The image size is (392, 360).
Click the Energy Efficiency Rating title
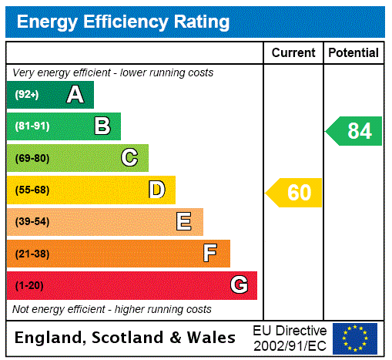[x=123, y=22]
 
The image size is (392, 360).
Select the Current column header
[x=293, y=53]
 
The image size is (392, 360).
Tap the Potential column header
[x=353, y=53]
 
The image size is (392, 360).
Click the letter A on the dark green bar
[x=75, y=95]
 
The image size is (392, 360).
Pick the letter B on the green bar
[x=102, y=126]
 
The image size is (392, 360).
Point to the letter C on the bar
[x=129, y=158]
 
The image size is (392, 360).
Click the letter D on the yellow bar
[x=157, y=190]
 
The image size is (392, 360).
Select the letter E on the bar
[x=184, y=222]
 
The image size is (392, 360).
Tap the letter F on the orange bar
[x=210, y=254]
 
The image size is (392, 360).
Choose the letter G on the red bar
[x=239, y=285]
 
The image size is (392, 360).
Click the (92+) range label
[x=27, y=95]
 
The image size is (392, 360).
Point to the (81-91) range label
[x=32, y=126]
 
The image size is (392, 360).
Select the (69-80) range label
[x=32, y=159]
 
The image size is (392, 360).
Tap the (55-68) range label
[x=32, y=190]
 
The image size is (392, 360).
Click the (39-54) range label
[x=32, y=222]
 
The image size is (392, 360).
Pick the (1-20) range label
[x=29, y=286]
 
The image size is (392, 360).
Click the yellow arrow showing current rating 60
[x=294, y=193]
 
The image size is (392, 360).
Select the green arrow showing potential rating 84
[x=354, y=131]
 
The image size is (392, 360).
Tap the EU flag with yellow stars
[x=355, y=338]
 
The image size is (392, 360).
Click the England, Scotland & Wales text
[x=126, y=338]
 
